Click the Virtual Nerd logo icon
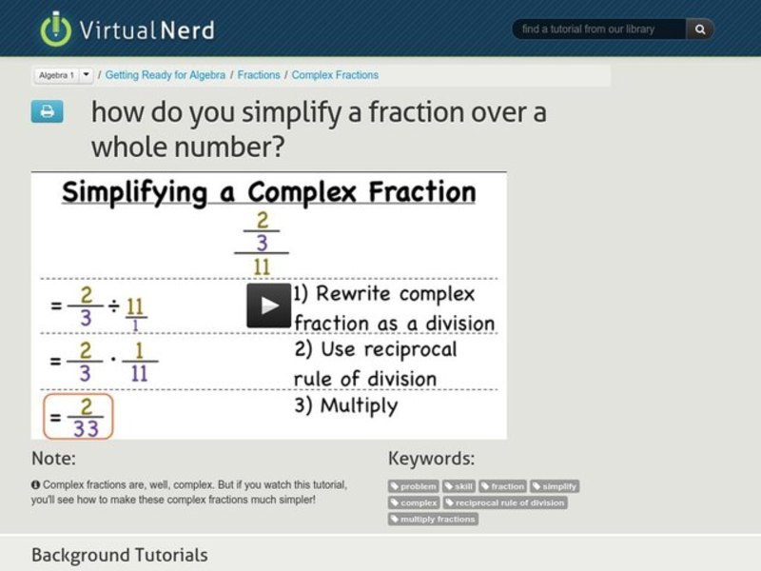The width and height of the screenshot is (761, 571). [56, 29]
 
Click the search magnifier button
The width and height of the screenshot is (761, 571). [700, 30]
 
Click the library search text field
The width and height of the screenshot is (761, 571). [599, 30]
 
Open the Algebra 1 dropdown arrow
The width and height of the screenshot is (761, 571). [87, 75]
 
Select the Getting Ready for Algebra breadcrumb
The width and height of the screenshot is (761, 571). [166, 75]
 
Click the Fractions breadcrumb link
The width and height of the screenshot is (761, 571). [259, 75]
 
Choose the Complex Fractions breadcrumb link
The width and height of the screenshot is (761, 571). [335, 75]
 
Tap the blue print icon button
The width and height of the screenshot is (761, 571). [47, 112]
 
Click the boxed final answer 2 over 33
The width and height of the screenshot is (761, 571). [78, 416]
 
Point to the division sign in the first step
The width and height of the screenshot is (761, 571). [113, 305]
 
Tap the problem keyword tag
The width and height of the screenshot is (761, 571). [414, 486]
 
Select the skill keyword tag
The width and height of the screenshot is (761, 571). [459, 486]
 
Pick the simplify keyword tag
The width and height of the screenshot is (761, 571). [555, 486]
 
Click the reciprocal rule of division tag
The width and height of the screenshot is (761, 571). [505, 502]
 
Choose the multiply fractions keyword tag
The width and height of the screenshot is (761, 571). [433, 519]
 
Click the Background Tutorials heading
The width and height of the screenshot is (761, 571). [119, 555]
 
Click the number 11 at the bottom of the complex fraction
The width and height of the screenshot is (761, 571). [262, 266]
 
